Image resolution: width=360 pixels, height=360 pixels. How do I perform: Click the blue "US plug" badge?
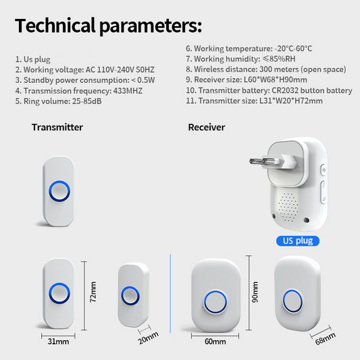(x=298, y=241)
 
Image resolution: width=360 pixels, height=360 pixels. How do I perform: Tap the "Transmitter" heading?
(x=57, y=127)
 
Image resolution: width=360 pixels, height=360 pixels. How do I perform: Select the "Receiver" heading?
(x=207, y=127)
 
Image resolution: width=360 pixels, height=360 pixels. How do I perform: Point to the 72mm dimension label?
(x=93, y=292)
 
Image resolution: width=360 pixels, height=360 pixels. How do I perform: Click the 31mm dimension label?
(x=58, y=341)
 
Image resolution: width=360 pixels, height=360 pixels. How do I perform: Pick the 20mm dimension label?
(x=149, y=338)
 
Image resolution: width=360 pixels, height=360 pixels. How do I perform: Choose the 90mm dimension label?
(x=255, y=292)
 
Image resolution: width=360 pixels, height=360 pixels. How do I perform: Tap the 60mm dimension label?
(x=215, y=341)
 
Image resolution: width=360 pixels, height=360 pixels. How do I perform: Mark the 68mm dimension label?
(x=325, y=338)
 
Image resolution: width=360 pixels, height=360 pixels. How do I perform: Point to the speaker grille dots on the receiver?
(x=288, y=207)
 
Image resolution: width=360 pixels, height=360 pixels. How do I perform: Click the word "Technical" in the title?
(x=55, y=25)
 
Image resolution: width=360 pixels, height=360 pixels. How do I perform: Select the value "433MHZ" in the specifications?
(x=128, y=91)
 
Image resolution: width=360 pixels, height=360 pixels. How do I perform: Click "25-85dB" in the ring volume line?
(x=86, y=101)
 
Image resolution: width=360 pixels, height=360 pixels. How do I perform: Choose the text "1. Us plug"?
(x=33, y=59)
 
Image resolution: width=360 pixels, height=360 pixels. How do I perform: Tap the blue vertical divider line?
(x=170, y=293)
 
